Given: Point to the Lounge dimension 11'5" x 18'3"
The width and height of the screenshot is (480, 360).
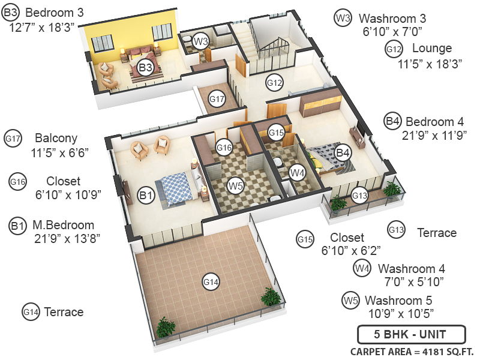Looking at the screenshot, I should [x=425, y=62].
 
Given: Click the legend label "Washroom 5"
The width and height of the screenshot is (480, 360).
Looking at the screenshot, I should [x=398, y=301].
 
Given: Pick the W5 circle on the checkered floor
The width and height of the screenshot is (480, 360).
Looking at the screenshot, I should [x=235, y=186].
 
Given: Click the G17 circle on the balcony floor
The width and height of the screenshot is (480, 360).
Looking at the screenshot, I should [x=217, y=99].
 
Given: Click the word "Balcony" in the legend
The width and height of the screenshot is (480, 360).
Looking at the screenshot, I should [x=56, y=138].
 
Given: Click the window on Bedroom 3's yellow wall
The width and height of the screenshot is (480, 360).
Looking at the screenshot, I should [x=101, y=41].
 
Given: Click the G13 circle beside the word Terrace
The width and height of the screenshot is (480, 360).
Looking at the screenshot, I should [x=396, y=230].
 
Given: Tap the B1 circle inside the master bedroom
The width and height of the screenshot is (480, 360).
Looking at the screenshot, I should [x=145, y=195].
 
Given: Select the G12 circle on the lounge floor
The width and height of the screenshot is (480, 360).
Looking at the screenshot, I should [x=274, y=83].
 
